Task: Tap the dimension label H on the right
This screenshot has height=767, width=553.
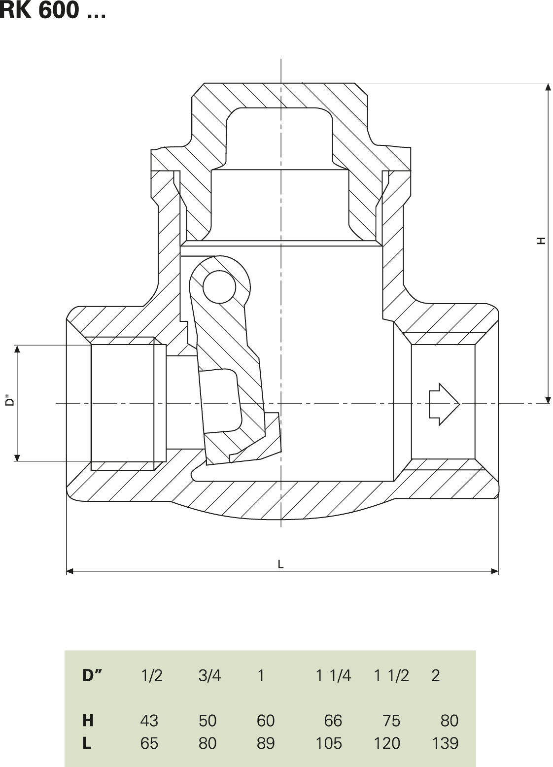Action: click(x=542, y=241)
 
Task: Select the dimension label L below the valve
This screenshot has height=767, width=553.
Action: click(x=280, y=564)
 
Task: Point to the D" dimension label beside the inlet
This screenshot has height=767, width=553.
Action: click(x=9, y=401)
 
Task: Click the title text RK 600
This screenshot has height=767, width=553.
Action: click(x=52, y=10)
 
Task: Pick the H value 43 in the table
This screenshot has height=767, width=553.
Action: click(x=149, y=721)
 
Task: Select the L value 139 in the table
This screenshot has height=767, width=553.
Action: click(x=445, y=743)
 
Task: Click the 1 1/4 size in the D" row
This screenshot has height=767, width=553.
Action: click(x=333, y=675)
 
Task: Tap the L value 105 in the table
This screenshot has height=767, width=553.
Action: click(x=328, y=743)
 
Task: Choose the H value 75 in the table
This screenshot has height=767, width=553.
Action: click(x=391, y=721)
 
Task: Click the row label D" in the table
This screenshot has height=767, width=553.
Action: click(x=91, y=675)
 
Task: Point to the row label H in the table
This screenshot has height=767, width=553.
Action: click(x=88, y=721)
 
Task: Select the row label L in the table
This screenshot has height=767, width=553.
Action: click(x=87, y=743)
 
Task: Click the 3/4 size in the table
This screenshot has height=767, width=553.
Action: click(x=209, y=675)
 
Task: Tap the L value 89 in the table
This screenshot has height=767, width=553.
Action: click(x=265, y=743)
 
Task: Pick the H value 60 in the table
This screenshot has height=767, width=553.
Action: click(x=265, y=721)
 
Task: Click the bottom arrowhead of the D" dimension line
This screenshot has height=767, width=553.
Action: click(x=17, y=457)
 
